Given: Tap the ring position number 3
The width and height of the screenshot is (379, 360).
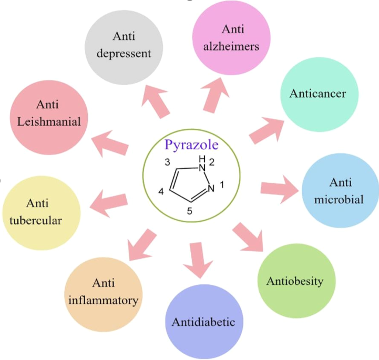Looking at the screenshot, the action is click(167, 162).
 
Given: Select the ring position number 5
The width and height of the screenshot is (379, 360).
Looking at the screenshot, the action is click(189, 211).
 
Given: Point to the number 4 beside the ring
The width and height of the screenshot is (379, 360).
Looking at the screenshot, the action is click(161, 192).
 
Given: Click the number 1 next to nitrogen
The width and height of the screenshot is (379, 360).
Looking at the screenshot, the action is click(222, 185).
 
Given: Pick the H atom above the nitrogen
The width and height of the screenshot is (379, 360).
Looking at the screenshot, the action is click(202, 159).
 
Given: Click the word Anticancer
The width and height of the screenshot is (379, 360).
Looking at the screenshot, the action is click(317, 94).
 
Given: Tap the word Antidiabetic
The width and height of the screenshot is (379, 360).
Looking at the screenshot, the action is click(203, 322).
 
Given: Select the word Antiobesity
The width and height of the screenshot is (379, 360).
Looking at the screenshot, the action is click(295, 282).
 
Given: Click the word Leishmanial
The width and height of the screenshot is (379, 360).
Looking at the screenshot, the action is click(49, 121).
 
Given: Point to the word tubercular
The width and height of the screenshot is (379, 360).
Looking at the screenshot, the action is click(36, 221).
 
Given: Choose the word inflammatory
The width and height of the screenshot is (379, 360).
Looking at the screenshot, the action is click(104, 301).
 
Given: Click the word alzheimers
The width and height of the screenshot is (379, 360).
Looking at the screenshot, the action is click(231, 46).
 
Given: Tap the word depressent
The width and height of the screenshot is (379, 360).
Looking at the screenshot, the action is click(124, 54).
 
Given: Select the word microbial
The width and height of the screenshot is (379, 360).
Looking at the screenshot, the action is click(339, 199).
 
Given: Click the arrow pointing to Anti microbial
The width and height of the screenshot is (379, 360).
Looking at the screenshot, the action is click(280, 189).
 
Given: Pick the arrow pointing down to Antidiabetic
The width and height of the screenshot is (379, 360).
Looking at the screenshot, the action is click(198, 260).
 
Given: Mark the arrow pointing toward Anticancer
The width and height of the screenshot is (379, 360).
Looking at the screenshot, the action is click(267, 130).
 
